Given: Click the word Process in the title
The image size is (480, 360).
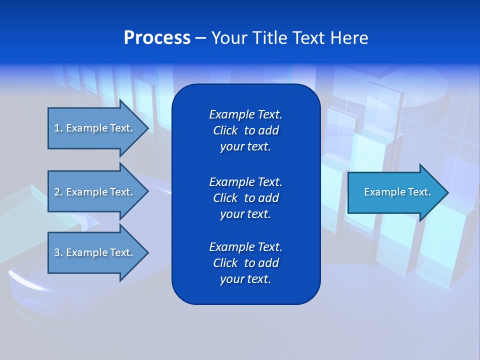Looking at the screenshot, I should [157, 38].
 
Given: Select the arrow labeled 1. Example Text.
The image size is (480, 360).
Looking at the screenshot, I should [93, 128].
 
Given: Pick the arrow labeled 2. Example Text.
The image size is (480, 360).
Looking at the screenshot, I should [93, 192].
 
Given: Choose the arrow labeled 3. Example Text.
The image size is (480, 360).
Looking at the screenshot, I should [93, 252].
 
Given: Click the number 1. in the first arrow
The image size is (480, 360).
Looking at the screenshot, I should [58, 128].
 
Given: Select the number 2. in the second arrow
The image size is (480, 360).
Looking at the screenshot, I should [58, 192].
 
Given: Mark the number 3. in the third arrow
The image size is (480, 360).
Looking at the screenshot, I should [58, 252].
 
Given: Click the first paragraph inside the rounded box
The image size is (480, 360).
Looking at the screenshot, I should [245, 130].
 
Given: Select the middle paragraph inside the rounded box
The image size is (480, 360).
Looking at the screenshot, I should [245, 197].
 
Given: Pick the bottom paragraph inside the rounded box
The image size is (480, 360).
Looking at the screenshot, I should [245, 263].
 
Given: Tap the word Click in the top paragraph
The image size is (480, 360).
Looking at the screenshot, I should [225, 130].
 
